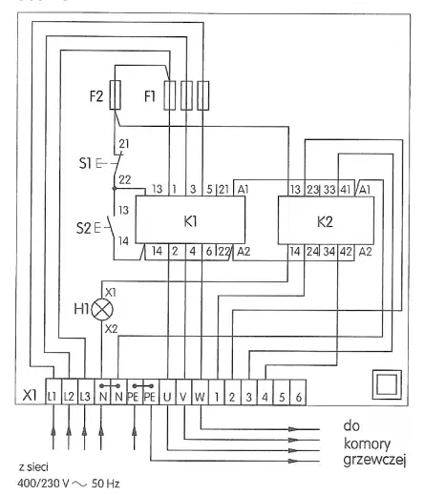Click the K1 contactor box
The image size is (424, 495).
click(x=190, y=220)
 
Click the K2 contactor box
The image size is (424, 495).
click(x=326, y=220)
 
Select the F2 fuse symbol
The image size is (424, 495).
click(x=115, y=95)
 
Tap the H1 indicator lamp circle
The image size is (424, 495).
click(x=102, y=310)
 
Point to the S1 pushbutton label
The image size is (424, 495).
click(x=85, y=163)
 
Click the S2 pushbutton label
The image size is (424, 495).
click(x=83, y=228)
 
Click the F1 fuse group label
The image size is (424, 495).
click(x=150, y=96)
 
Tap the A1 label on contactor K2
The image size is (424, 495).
click(x=365, y=190)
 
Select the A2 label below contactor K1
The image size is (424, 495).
click(x=244, y=252)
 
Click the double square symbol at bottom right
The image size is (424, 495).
click(x=387, y=384)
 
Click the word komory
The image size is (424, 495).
click(x=367, y=443)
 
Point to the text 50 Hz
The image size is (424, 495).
click(x=106, y=484)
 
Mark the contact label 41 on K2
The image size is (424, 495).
click(x=345, y=190)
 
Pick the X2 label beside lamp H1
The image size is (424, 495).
click(x=111, y=329)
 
